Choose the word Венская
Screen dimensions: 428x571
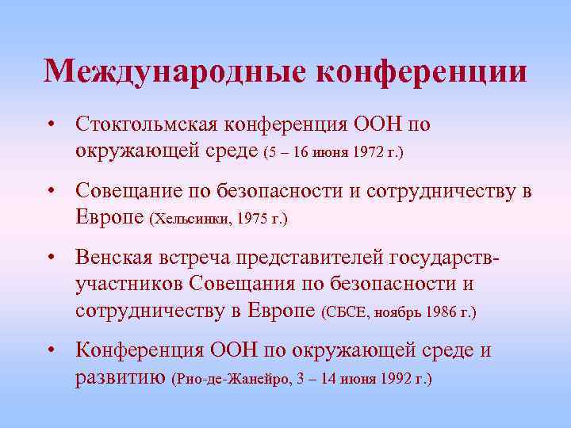(113, 258)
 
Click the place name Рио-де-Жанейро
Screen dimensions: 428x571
(229, 379)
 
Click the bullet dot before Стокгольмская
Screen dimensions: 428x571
(50, 125)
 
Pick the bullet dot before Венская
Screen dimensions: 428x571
(50, 258)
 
